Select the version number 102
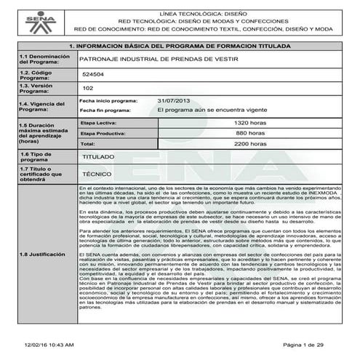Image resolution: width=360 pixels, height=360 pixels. click(89, 88)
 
